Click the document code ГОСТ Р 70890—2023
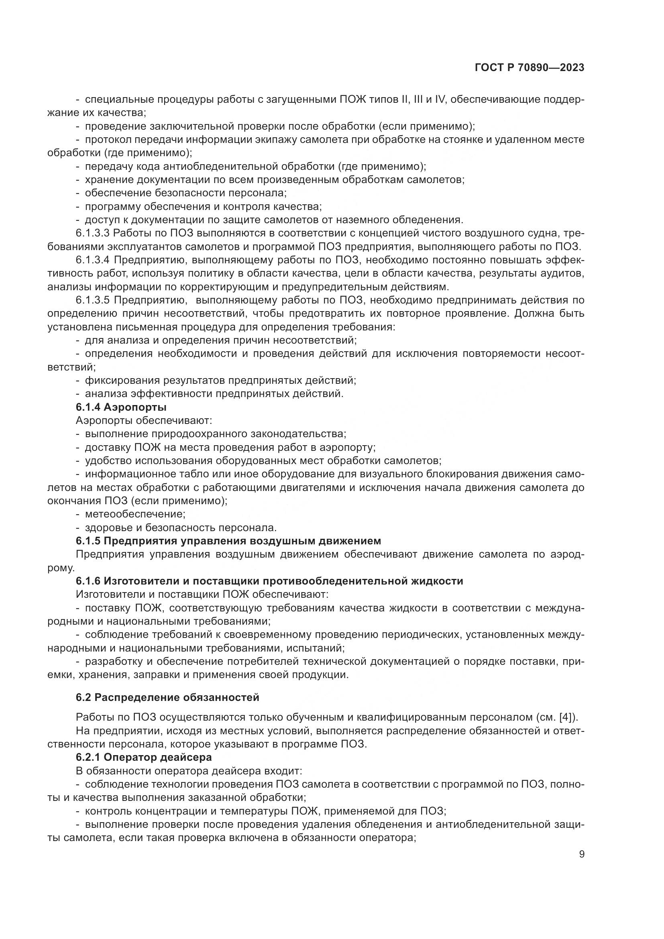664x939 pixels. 530,68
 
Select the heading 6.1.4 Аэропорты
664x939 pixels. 121,407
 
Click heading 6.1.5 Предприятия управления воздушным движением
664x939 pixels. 228,541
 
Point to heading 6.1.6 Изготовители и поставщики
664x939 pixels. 269,581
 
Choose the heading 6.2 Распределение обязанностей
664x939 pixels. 168,697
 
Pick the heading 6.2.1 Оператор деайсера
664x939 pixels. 144,757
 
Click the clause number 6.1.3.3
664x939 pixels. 92,233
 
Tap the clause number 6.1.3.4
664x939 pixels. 92,260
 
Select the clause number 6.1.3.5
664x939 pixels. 92,300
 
